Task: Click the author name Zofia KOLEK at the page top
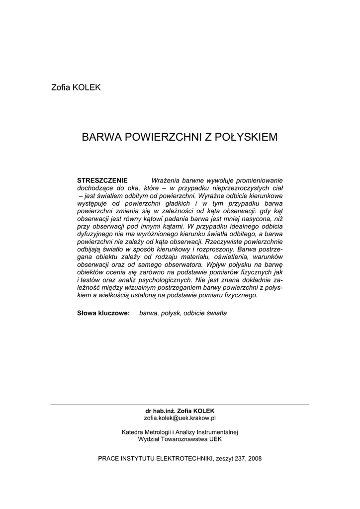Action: coord(76,87)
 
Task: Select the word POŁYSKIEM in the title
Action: coord(246,137)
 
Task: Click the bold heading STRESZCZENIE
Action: coord(102,179)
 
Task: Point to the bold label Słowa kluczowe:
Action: coord(103,313)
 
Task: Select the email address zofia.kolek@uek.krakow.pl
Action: coord(180,419)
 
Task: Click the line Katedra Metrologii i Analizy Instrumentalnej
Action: coord(180,432)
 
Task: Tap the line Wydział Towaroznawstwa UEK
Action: coord(180,439)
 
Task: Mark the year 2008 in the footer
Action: coord(254,459)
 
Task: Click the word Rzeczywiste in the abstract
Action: coord(225,241)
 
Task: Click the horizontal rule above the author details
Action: coord(180,405)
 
